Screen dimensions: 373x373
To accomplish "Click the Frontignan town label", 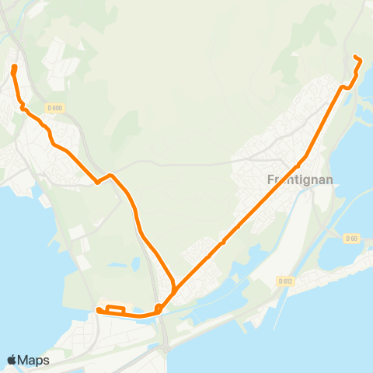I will click(x=300, y=179).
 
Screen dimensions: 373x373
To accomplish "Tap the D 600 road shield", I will click(x=54, y=108).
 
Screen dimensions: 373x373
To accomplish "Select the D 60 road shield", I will click(x=351, y=239).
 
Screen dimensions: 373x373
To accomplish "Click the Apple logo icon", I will click(x=12, y=360).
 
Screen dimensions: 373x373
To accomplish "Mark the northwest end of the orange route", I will click(x=14, y=68).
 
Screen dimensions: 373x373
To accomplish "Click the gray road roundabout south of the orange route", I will click(x=165, y=350).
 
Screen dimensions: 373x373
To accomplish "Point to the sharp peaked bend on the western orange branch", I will click(x=112, y=176).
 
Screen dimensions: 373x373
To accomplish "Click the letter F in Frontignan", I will click(x=270, y=179).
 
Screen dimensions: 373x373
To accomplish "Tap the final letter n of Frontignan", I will click(x=330, y=179).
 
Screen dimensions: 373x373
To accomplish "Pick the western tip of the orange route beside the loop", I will click(x=99, y=311).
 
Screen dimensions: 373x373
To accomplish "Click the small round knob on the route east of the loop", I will click(x=158, y=309).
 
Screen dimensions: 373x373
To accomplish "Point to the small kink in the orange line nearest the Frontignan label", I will click(x=298, y=165).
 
